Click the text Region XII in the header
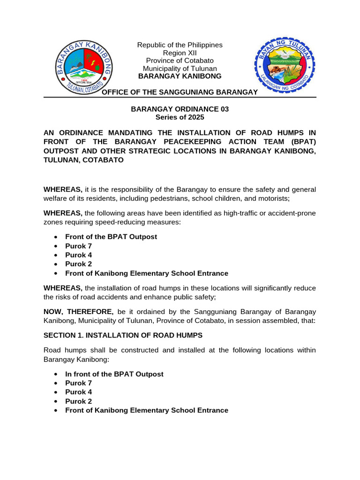(x=180, y=52)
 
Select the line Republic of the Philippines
(x=180, y=45)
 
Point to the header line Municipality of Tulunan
(x=180, y=68)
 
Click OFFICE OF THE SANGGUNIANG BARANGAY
(x=180, y=92)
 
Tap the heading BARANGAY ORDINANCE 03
(x=180, y=109)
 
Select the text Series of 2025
(x=180, y=117)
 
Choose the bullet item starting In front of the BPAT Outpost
(x=114, y=374)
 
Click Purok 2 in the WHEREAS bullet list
(x=78, y=264)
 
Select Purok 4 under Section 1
(x=78, y=392)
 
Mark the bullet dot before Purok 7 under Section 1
(x=56, y=383)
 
